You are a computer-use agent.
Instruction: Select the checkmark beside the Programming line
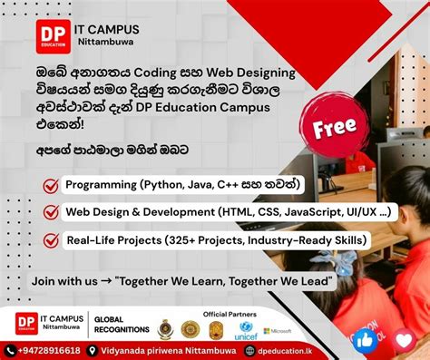click(x=52, y=185)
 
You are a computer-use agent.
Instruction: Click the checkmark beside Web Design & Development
click(x=52, y=213)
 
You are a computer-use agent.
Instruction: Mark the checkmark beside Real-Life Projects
click(x=52, y=240)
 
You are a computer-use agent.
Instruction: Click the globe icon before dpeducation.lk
click(x=249, y=349)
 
